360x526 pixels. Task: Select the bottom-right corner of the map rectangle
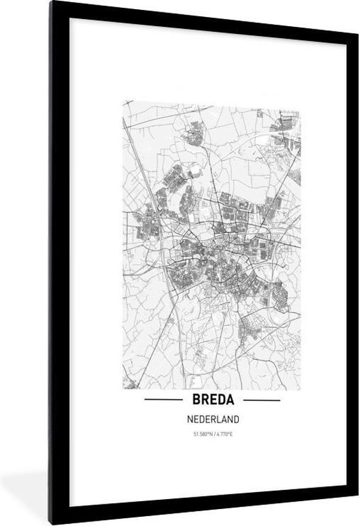click(x=301, y=390)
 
